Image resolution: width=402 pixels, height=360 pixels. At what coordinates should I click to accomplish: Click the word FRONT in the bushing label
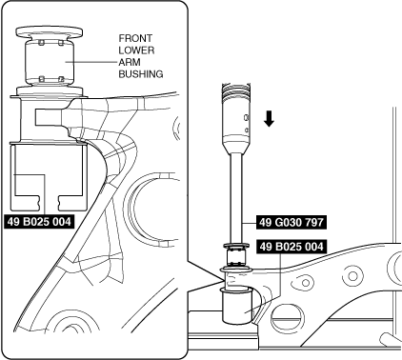[x=135, y=38]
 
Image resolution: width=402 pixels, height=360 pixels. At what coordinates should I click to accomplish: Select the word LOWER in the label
[x=136, y=50]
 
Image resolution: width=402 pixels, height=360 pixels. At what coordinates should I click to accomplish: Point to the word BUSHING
[x=141, y=74]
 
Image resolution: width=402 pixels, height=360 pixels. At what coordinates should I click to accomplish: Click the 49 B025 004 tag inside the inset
[x=39, y=222]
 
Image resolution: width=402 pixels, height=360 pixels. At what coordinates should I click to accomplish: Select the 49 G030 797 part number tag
[x=291, y=222]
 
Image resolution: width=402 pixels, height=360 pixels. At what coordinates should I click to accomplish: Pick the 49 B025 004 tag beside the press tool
[x=291, y=247]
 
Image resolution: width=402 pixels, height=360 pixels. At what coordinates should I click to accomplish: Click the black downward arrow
[x=269, y=119]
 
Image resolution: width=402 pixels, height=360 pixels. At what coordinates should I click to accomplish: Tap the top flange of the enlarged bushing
[x=50, y=31]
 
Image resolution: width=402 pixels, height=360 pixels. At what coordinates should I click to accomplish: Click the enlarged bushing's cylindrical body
[x=50, y=63]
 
